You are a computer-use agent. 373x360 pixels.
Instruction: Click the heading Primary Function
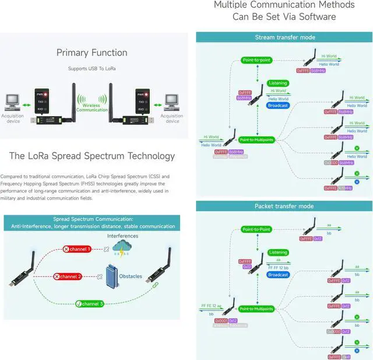(92, 53)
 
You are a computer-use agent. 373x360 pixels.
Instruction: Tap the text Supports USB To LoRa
(92, 69)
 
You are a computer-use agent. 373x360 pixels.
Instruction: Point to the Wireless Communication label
(92, 106)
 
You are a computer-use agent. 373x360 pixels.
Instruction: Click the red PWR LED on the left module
(45, 94)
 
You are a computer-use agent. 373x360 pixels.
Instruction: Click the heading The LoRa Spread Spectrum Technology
(92, 156)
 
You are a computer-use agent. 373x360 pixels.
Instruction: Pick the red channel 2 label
(68, 276)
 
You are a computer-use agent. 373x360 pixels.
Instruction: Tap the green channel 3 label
(90, 303)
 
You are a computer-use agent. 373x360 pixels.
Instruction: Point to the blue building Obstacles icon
(112, 277)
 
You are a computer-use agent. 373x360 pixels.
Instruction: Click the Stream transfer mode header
(284, 37)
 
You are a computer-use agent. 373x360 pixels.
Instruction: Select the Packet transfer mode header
(284, 206)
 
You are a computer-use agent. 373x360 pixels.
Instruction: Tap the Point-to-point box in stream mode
(256, 60)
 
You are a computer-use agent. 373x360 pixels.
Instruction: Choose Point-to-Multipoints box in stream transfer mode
(256, 140)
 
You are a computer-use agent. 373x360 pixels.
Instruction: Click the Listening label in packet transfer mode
(278, 253)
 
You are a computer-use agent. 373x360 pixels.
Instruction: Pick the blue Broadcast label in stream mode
(278, 106)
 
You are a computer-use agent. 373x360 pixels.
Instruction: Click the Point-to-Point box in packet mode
(256, 229)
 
